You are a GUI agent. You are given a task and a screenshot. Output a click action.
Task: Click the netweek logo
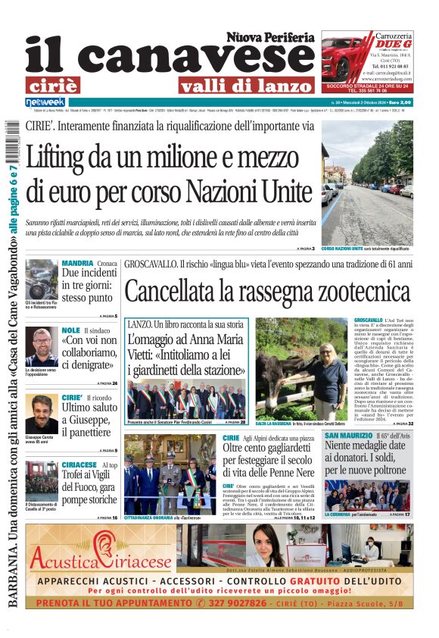point(45,102)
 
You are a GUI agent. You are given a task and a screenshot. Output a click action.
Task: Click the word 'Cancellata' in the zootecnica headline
point(182,292)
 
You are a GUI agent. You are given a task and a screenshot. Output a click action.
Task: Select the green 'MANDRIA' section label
point(77,263)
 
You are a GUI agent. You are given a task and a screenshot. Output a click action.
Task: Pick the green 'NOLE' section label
point(70,330)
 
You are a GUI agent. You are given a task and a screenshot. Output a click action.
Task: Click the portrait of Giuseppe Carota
point(41,414)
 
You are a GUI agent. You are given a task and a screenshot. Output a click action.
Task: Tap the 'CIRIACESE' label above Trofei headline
point(79,464)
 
